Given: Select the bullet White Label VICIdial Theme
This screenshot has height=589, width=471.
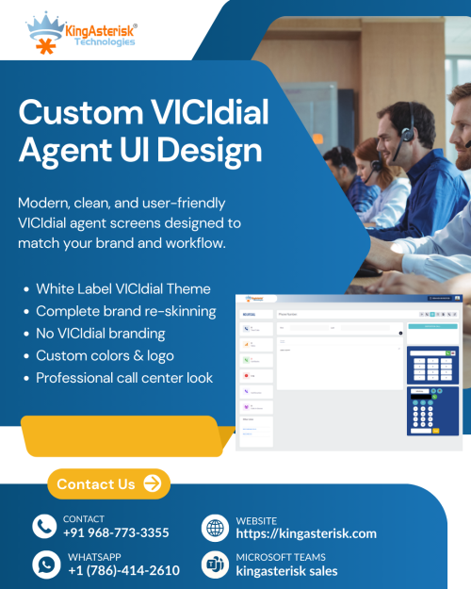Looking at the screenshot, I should [x=123, y=288].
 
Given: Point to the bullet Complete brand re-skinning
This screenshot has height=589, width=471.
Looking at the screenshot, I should [x=126, y=311].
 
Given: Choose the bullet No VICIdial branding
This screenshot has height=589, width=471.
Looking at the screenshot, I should [x=101, y=333].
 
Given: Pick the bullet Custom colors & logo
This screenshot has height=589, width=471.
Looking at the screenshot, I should [x=105, y=355].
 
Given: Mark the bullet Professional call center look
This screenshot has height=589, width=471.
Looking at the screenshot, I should [x=124, y=378].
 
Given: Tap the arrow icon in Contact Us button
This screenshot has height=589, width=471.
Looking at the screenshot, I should [x=153, y=484].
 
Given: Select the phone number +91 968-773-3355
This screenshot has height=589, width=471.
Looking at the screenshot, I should [x=116, y=533].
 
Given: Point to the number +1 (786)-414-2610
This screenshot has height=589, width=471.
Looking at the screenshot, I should [x=123, y=570].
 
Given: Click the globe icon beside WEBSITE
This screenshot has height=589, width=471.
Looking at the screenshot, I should [x=216, y=527].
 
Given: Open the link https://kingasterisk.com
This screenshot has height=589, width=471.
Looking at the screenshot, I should [x=306, y=533].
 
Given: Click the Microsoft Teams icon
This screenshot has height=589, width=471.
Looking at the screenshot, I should [x=216, y=564].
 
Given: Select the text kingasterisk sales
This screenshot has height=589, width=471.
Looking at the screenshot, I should [x=286, y=570].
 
